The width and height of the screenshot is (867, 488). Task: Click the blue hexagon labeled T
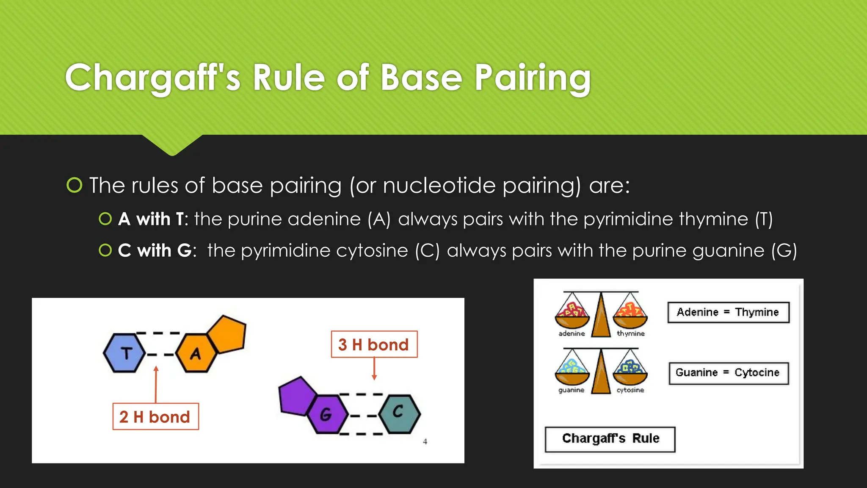pyautogui.click(x=125, y=353)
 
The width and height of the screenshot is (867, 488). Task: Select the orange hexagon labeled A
pyautogui.click(x=196, y=353)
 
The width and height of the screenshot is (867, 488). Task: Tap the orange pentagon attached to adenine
pyautogui.click(x=227, y=334)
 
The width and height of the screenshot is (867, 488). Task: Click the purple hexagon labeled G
pyautogui.click(x=326, y=414)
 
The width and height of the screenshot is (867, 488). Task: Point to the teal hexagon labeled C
pyautogui.click(x=399, y=413)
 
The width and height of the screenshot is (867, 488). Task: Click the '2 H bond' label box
pyautogui.click(x=155, y=416)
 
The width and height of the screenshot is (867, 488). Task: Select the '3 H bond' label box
pyautogui.click(x=374, y=344)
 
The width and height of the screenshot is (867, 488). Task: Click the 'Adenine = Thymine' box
pyautogui.click(x=728, y=312)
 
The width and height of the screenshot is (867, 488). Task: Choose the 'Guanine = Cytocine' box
pyautogui.click(x=728, y=373)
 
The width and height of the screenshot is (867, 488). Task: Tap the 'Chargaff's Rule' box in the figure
pyautogui.click(x=610, y=439)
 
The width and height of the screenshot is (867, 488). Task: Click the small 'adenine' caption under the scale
pyautogui.click(x=572, y=334)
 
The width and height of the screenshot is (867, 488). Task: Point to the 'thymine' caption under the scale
pyautogui.click(x=630, y=334)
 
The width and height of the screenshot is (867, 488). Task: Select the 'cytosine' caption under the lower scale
pyautogui.click(x=630, y=390)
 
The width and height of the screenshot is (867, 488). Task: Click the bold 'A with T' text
pyautogui.click(x=152, y=219)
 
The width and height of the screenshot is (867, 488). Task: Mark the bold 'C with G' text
pyautogui.click(x=155, y=250)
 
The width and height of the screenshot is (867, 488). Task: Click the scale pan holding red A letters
pyautogui.click(x=572, y=316)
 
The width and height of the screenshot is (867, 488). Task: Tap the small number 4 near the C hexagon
pyautogui.click(x=425, y=441)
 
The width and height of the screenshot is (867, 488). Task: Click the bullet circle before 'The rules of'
pyautogui.click(x=75, y=185)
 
